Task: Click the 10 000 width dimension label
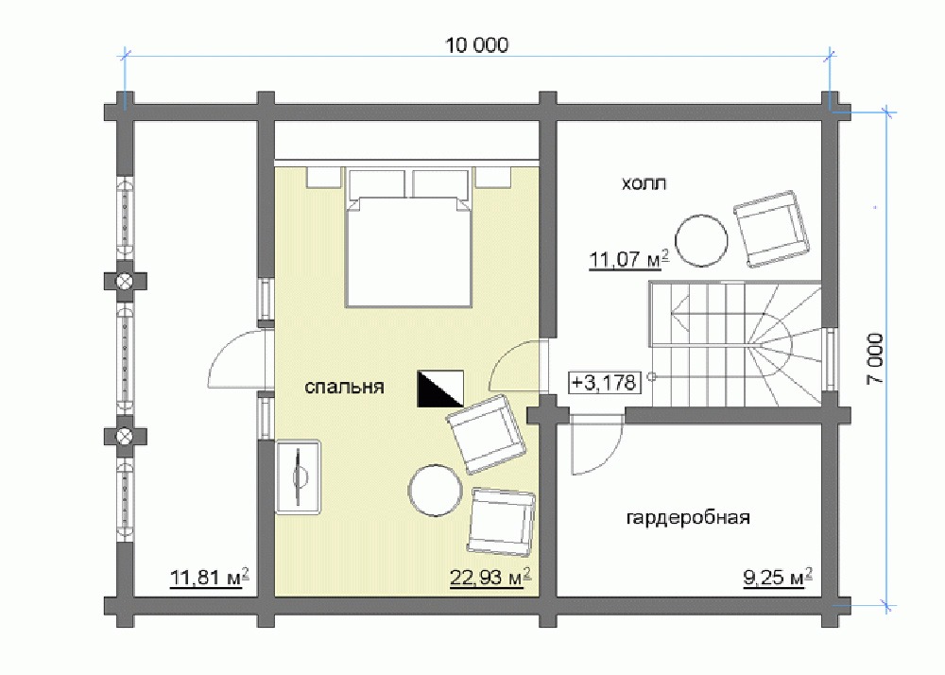click(476, 45)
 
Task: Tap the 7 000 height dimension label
click(876, 358)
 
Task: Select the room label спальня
click(344, 387)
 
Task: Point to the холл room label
click(644, 183)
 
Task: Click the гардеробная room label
click(688, 517)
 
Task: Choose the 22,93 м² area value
click(490, 577)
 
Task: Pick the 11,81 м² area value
click(210, 577)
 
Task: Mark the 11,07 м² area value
click(628, 260)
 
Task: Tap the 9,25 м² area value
click(778, 577)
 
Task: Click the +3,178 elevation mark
click(605, 382)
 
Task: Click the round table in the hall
click(701, 240)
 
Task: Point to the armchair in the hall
click(771, 229)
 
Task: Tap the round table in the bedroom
click(435, 490)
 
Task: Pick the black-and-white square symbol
click(440, 389)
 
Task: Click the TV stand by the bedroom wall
click(298, 476)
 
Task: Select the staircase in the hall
click(735, 343)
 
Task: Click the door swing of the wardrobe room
click(596, 444)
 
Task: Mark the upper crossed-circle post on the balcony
click(125, 281)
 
